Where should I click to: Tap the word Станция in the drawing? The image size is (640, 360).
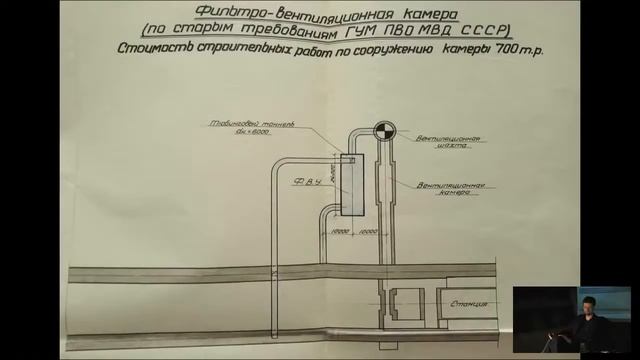pos(471,300)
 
